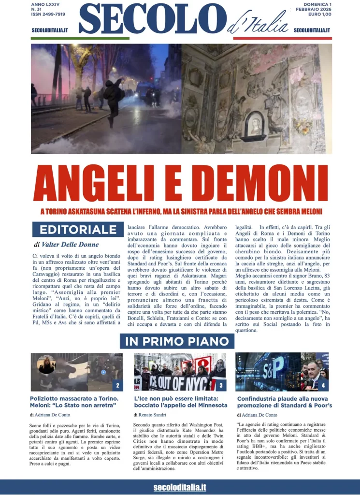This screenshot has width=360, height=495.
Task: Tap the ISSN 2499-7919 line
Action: point(48,15)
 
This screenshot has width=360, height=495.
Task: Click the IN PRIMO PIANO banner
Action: point(177,341)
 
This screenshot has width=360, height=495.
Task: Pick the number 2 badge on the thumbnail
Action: point(117,385)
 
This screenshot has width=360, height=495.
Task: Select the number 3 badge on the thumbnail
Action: point(220,385)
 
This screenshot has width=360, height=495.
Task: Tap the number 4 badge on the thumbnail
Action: point(323,385)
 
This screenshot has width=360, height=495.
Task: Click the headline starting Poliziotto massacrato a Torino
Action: point(73,402)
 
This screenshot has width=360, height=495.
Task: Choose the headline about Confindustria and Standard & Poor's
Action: point(284,402)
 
